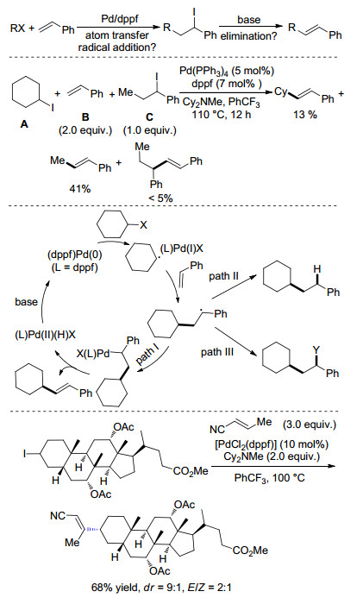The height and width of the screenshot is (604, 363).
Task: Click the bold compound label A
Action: pos(24,124)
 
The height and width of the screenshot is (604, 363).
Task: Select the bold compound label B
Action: pos(85,117)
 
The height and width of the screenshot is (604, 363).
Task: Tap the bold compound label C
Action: pos(149,117)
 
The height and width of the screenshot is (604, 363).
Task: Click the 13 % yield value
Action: pos(305,115)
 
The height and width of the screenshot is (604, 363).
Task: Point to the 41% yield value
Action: pos(79,189)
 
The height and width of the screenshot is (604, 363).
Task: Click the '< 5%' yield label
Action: pos(160,198)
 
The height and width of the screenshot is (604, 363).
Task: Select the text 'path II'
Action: pos(223,276)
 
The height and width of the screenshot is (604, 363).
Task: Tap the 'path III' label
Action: pos(217,352)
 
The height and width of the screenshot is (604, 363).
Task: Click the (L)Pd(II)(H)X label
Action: pos(45,335)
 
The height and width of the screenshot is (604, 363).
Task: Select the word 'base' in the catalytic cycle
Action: pos(27,302)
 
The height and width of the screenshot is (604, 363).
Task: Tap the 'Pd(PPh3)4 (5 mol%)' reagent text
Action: pos(227,72)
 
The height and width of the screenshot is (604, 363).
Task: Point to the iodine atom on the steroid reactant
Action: pos(25,455)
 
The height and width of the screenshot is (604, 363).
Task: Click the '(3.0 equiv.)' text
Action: pos(310,425)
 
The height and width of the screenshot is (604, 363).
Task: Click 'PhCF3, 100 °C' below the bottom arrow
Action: pos(270,479)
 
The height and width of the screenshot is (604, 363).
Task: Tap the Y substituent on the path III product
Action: pos(316,349)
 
